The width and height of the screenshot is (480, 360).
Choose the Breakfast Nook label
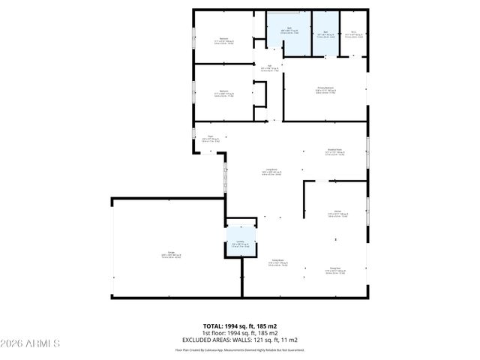(334, 151)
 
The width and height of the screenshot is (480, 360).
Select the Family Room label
(277, 263)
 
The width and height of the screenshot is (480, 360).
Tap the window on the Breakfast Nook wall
(367, 153)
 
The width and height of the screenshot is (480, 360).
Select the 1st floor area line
(239, 333)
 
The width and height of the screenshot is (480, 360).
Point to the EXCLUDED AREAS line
(239, 340)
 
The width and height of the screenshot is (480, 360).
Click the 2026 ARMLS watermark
(30, 343)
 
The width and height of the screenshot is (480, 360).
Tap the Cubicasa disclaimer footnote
(239, 349)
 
